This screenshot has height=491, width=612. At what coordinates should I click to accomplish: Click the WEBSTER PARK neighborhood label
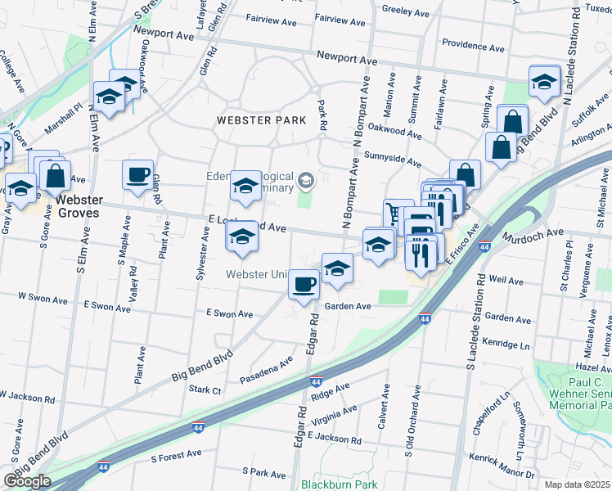261,120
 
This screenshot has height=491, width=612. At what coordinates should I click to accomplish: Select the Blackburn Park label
336,484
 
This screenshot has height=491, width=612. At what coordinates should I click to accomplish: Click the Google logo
27,480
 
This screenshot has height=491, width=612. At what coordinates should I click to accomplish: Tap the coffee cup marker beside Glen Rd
137,174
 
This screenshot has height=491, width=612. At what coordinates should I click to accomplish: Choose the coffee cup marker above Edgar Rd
304,284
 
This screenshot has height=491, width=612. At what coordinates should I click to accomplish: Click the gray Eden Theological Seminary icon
306,179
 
